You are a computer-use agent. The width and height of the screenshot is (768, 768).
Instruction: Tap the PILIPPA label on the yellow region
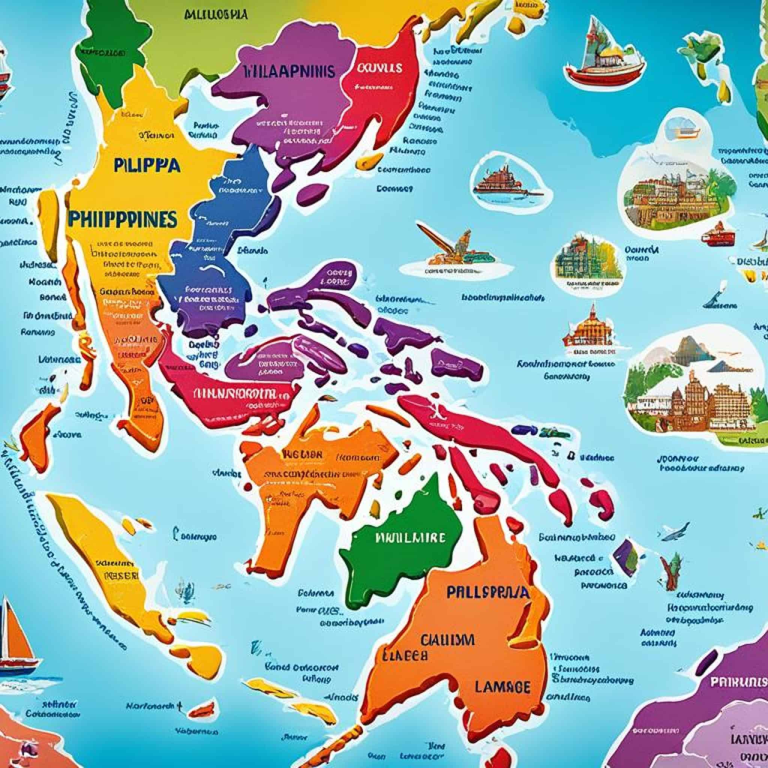coord(146,165)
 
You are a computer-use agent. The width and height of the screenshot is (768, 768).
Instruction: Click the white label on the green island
coord(410,537)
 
